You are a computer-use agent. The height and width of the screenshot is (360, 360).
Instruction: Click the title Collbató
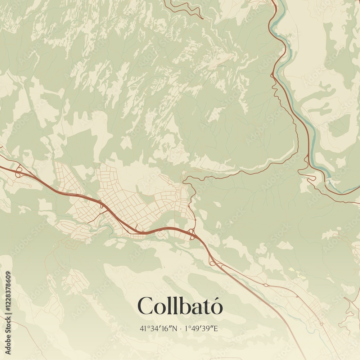180,306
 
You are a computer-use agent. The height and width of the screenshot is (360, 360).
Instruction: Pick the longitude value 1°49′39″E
201,328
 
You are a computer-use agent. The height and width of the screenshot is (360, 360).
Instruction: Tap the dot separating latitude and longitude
180,328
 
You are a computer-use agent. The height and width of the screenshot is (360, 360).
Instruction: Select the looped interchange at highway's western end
18,171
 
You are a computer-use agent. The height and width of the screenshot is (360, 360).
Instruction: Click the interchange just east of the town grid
192,234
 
